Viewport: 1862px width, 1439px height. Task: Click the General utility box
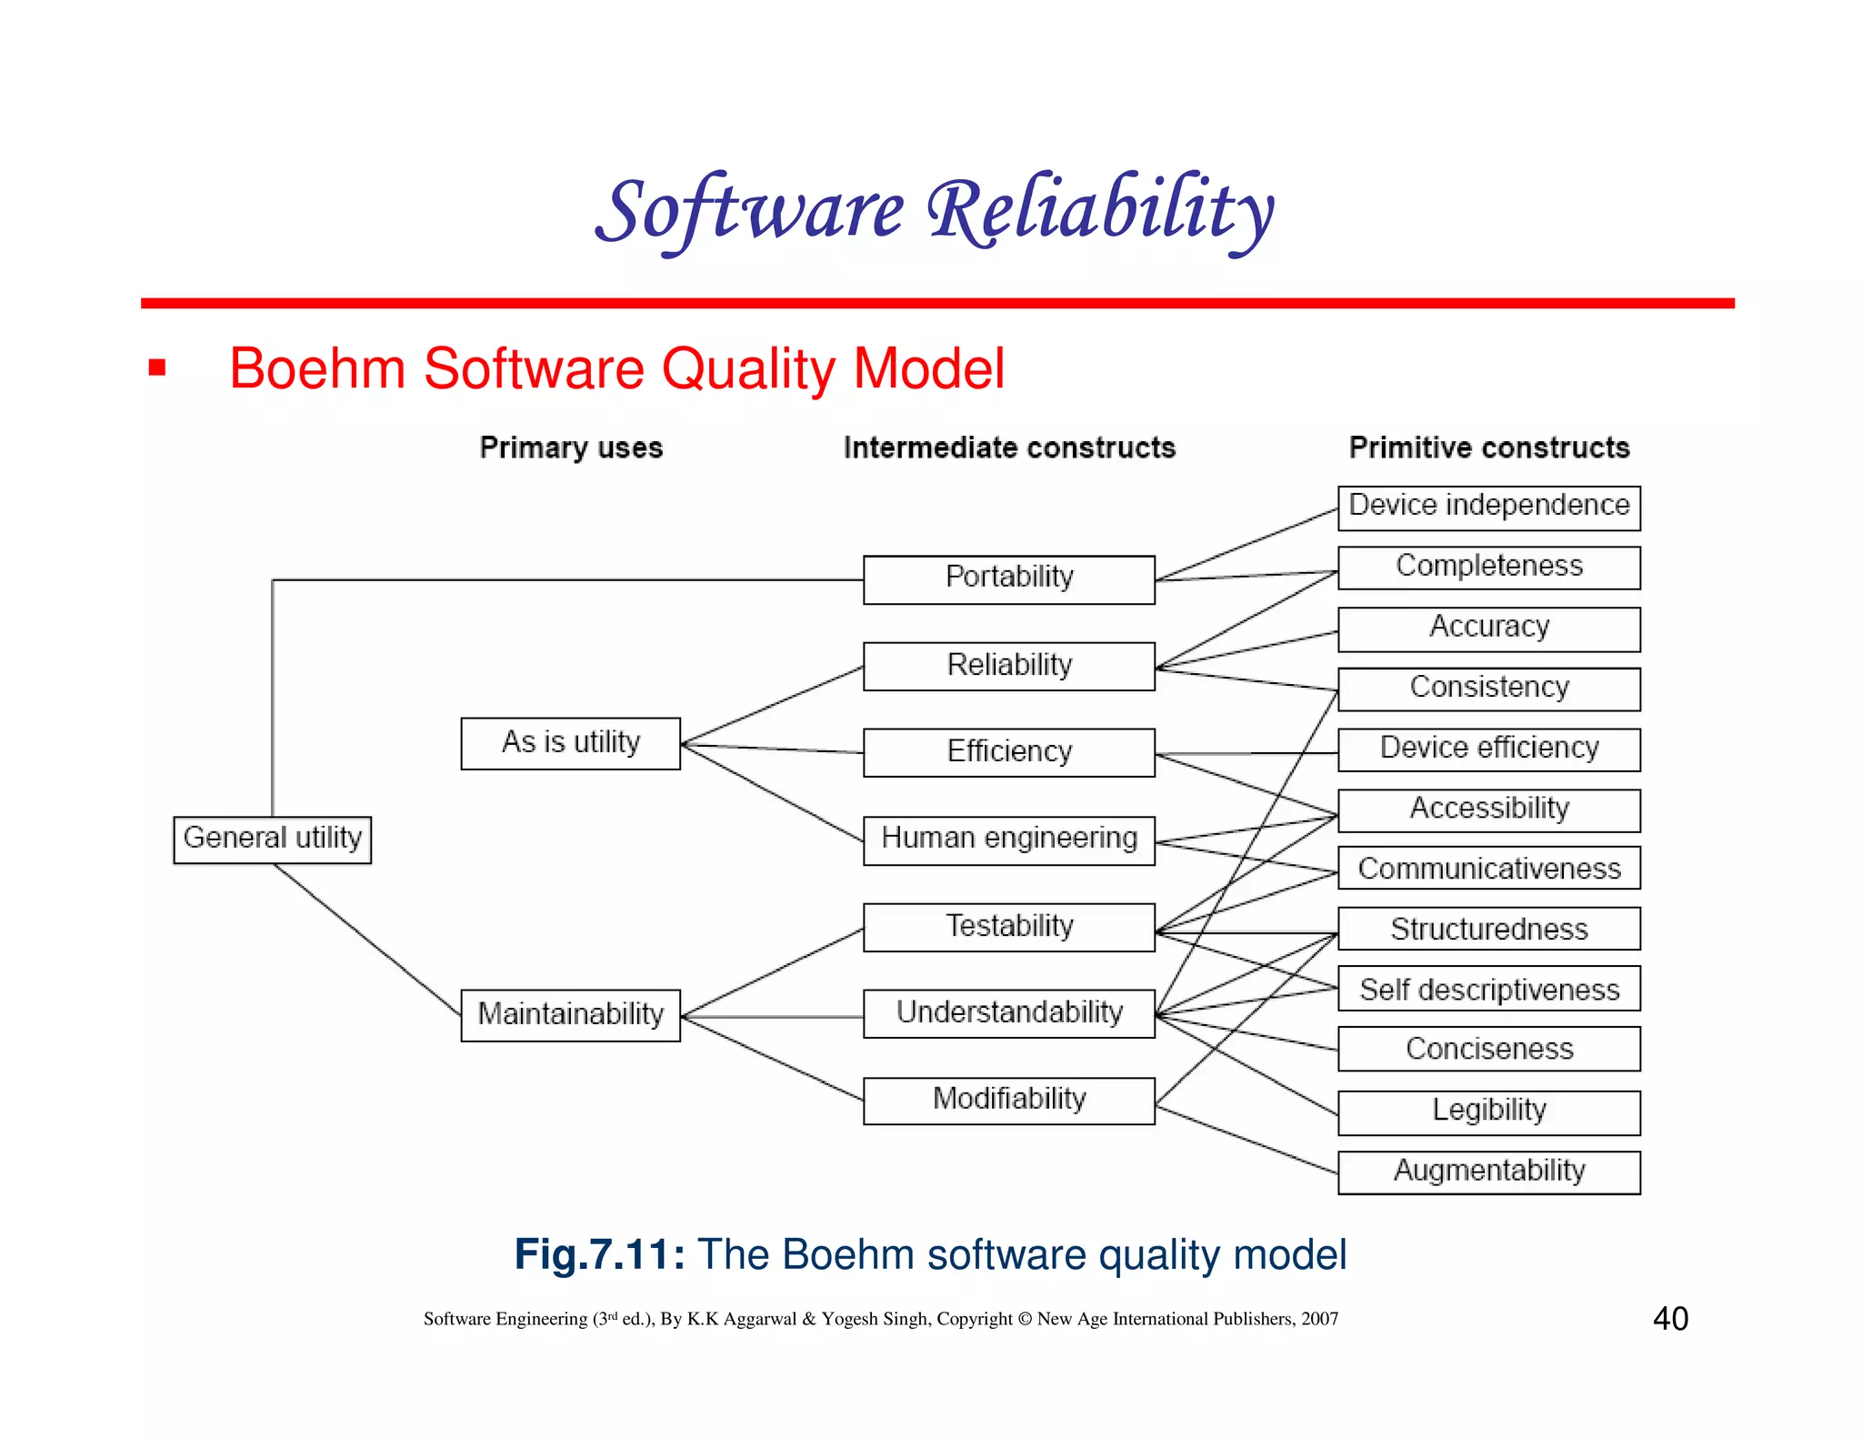(272, 839)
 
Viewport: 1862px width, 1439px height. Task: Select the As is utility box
(570, 743)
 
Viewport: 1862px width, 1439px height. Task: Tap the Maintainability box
(570, 1014)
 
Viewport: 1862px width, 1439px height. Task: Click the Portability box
(1008, 579)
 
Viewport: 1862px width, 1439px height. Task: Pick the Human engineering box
(1008, 839)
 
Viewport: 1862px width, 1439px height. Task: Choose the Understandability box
(1008, 1012)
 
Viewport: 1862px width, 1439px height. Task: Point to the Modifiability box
(1008, 1100)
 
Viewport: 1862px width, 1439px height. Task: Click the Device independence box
(1488, 507)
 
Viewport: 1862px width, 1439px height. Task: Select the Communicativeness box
(1488, 869)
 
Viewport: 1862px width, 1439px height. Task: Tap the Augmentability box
(1488, 1171)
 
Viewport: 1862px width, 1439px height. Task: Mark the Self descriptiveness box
(1488, 989)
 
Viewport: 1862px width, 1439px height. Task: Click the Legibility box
(1488, 1111)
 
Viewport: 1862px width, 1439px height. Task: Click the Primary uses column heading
(571, 448)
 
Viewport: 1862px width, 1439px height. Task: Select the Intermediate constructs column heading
(1009, 448)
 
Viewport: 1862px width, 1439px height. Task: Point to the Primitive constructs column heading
(1488, 448)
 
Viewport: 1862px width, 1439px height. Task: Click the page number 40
(1670, 1318)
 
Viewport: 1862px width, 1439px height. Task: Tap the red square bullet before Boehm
(157, 368)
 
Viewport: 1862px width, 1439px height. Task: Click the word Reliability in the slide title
(1100, 211)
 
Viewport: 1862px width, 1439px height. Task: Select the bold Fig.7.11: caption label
(599, 1254)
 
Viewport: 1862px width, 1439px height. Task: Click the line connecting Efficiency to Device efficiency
(1246, 753)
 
